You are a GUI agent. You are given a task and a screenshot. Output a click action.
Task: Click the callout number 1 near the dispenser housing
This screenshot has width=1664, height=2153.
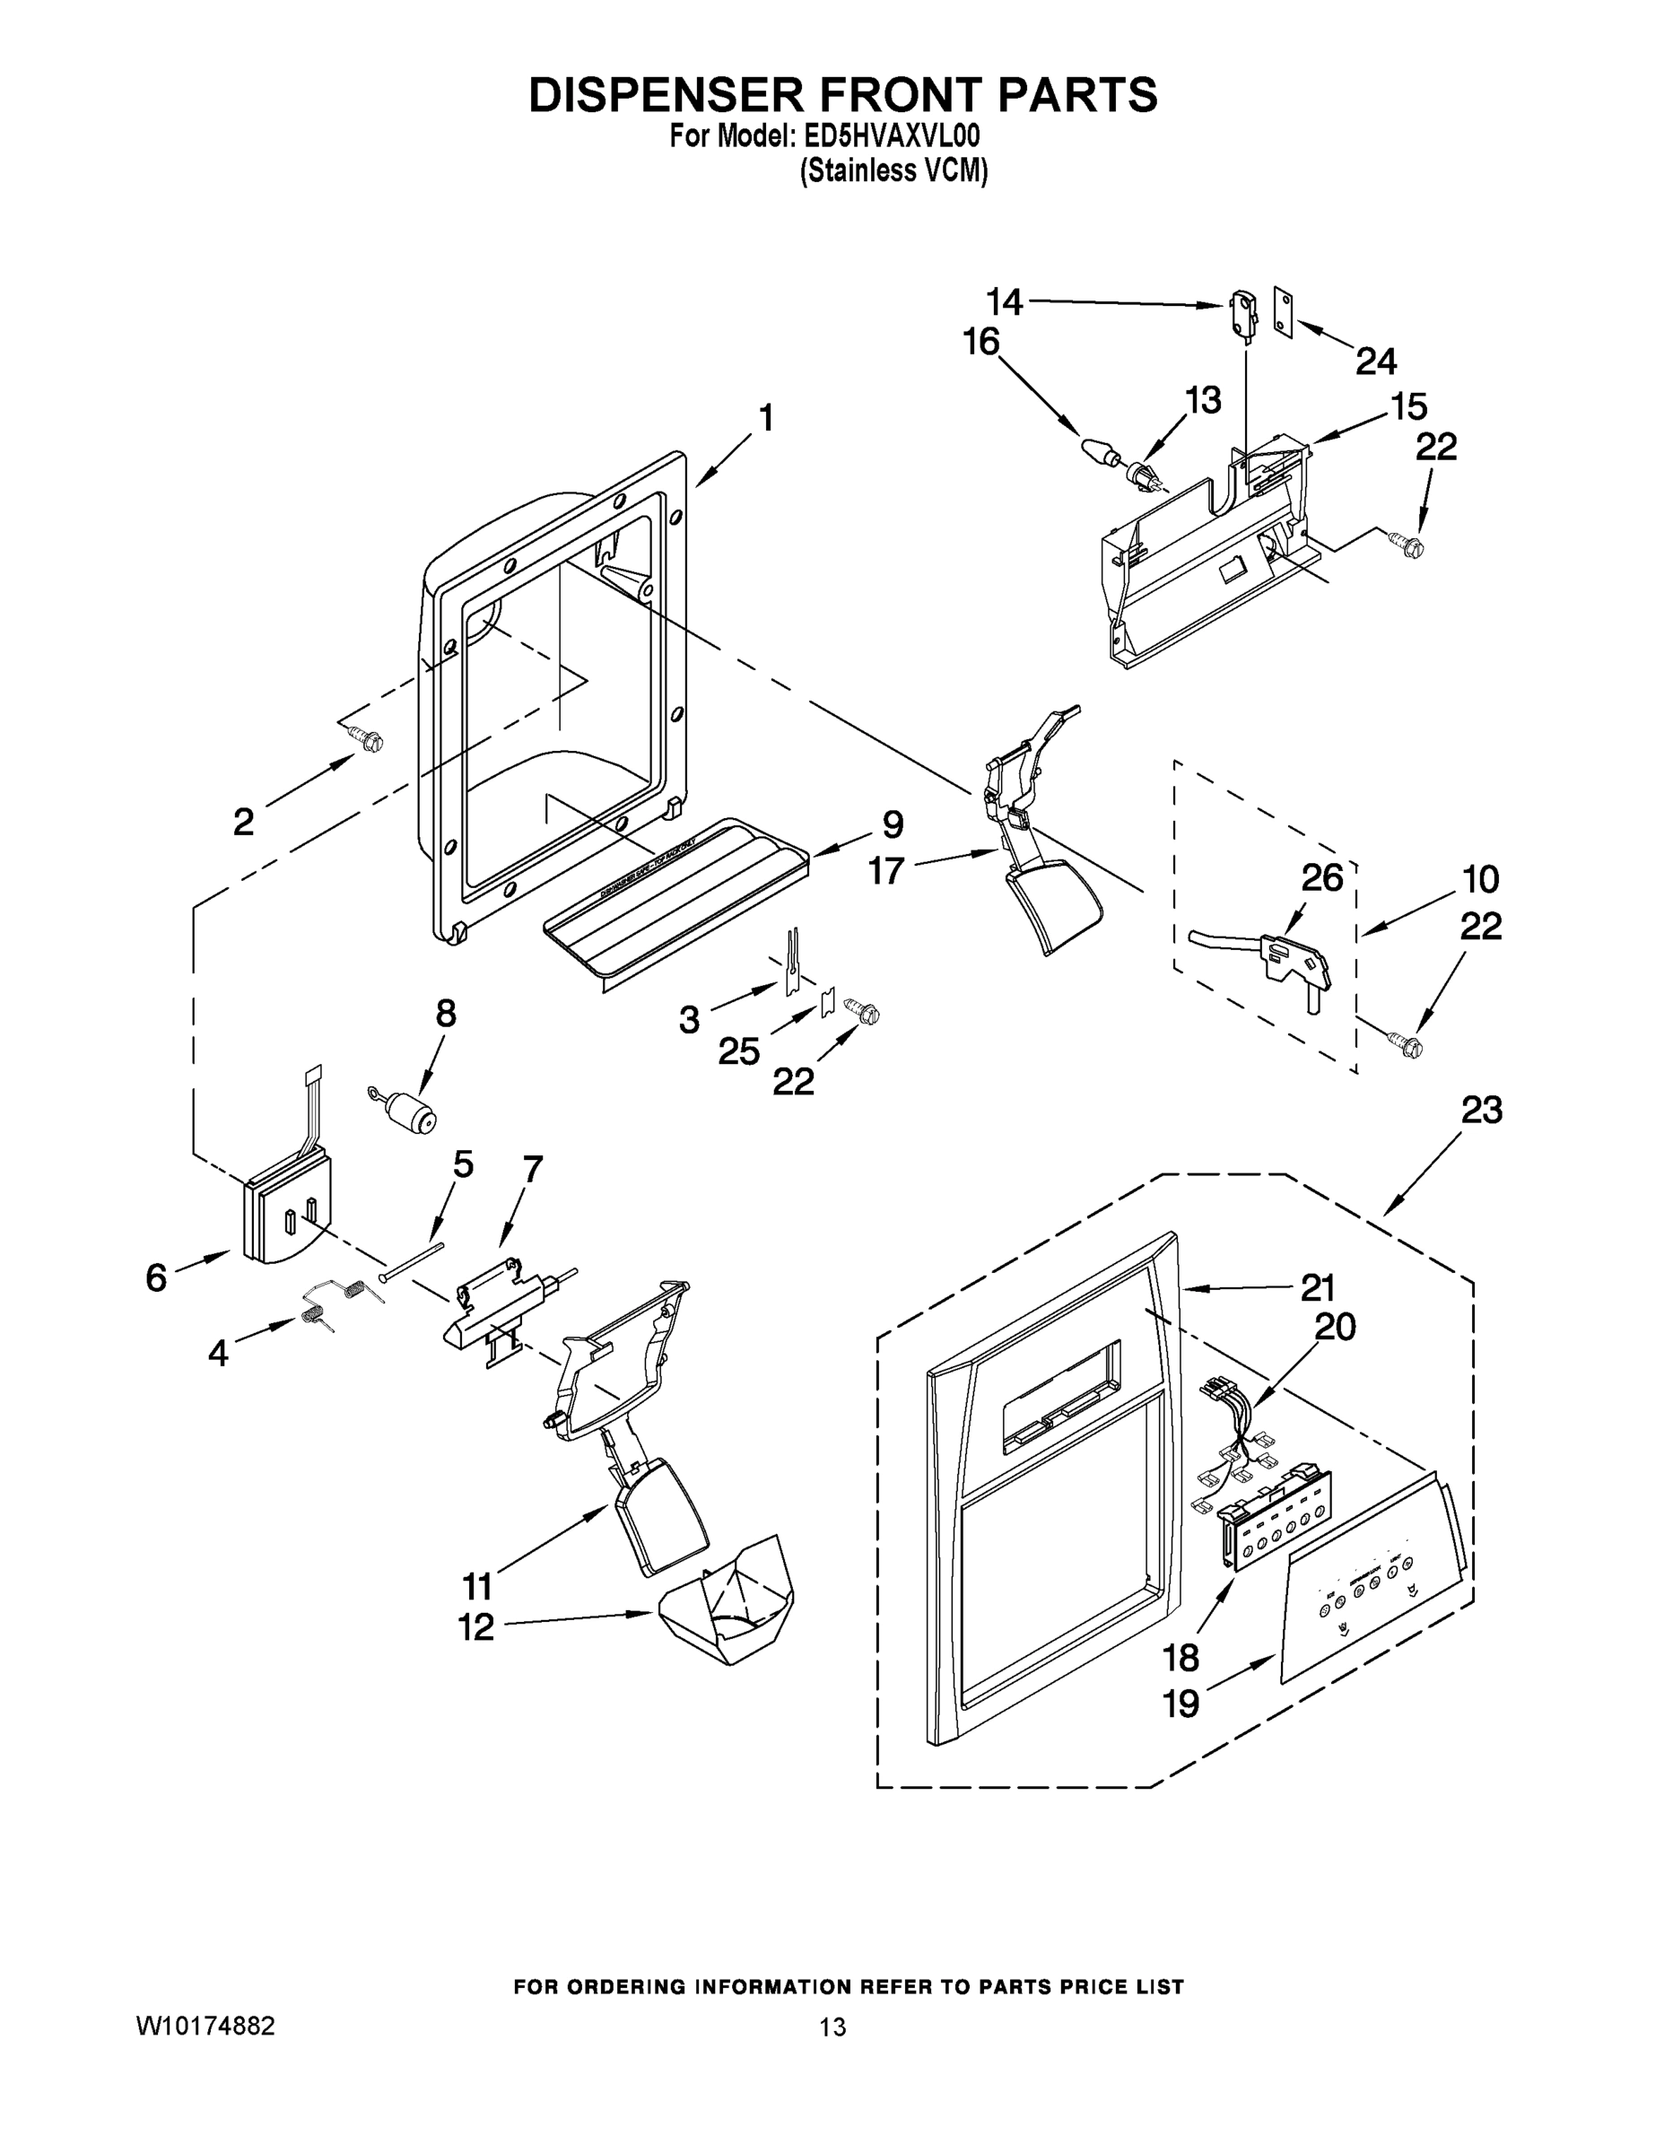coord(766,418)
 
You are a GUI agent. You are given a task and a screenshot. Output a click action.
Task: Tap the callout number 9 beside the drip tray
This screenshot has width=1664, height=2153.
coord(893,824)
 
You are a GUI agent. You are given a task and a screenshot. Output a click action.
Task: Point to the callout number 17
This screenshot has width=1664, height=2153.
coord(886,870)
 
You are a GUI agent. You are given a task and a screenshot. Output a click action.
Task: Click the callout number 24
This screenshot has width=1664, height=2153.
coord(1376,362)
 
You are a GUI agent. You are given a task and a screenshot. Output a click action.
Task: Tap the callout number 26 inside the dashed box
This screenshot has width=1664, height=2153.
coord(1322,877)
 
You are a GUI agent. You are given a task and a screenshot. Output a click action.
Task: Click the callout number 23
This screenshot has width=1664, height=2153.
coord(1482,1110)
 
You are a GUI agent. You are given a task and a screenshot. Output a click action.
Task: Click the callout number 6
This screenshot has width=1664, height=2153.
coord(157,1277)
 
